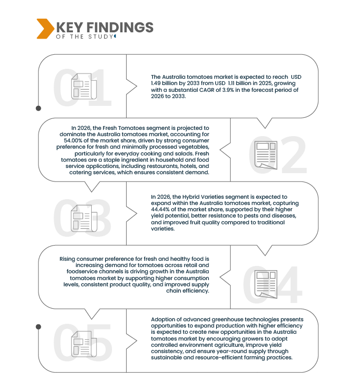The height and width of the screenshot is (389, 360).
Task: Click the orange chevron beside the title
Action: click(x=45, y=29)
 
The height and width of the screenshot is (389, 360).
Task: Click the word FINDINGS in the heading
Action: click(x=120, y=27)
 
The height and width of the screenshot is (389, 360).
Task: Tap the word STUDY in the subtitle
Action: click(x=101, y=37)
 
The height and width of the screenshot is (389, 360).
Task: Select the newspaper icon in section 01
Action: click(x=84, y=86)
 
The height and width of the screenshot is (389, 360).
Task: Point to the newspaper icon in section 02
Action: click(x=266, y=155)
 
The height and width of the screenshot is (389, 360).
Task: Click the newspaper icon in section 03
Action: click(x=84, y=218)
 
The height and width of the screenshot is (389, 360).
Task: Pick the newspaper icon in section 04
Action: click(x=266, y=284)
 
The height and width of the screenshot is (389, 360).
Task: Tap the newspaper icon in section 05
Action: click(x=84, y=344)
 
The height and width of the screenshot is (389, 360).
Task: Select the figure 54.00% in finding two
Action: click(x=72, y=140)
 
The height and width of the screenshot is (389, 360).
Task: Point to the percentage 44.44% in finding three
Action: click(x=160, y=210)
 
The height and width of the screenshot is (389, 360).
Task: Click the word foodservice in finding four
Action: click(x=82, y=271)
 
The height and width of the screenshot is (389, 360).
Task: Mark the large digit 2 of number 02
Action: click(x=294, y=155)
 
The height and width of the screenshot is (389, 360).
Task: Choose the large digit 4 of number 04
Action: click(x=288, y=285)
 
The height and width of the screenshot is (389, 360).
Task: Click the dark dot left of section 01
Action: click(x=39, y=108)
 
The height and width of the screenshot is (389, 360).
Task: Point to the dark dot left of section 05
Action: click(x=39, y=327)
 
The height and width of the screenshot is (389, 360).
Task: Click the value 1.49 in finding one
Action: click(x=155, y=83)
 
